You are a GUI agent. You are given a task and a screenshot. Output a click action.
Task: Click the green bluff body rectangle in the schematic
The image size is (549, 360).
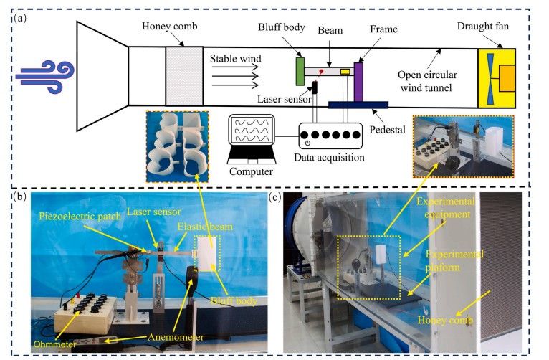(x=300, y=71)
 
